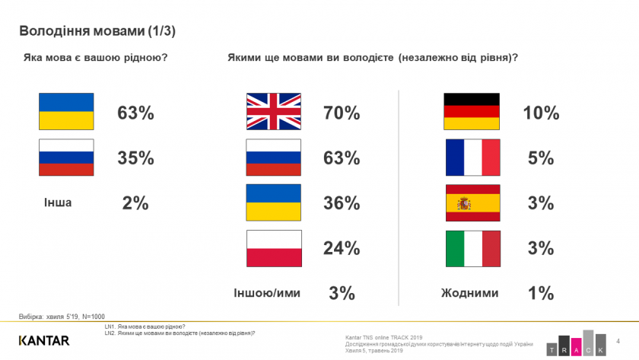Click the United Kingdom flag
point(274,112)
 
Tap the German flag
point(472,112)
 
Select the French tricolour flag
point(472,158)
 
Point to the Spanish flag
point(472,203)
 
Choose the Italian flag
point(472,248)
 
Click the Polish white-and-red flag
point(274,248)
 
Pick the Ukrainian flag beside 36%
point(274,203)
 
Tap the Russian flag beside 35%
point(66,158)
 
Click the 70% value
point(341,113)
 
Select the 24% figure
point(341,249)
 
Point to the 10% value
point(541,113)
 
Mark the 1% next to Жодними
point(541,293)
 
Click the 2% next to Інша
point(135,203)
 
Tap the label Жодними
point(470,293)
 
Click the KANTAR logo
point(44,339)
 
